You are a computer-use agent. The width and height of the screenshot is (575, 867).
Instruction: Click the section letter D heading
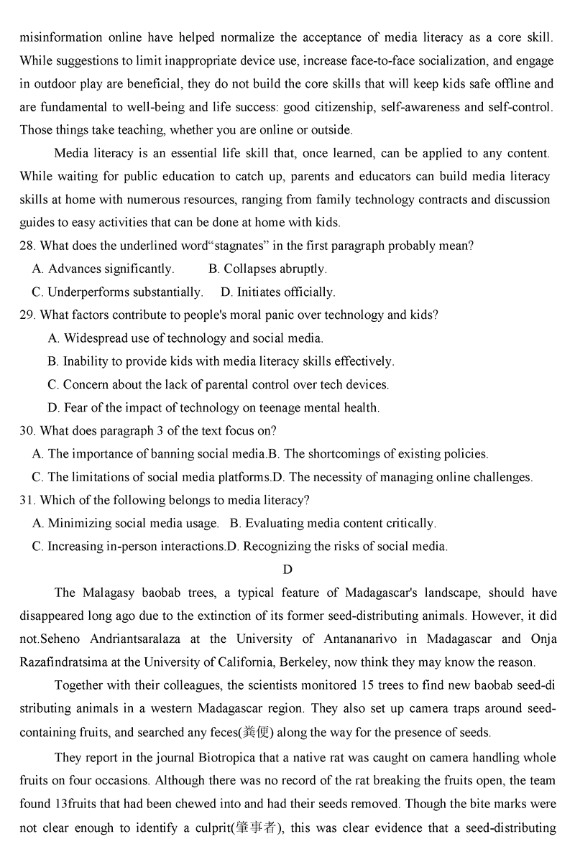pos(287,570)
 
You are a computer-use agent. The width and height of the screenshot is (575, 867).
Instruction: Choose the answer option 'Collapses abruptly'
pos(267,269)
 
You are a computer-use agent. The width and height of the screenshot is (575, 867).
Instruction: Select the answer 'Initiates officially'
pos(277,292)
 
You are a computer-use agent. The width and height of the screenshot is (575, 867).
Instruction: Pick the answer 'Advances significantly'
pos(103,269)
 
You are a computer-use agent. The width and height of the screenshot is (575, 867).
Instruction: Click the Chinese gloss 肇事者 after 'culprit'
pos(257,827)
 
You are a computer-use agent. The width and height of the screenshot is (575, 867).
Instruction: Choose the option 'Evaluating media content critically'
pos(340,523)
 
